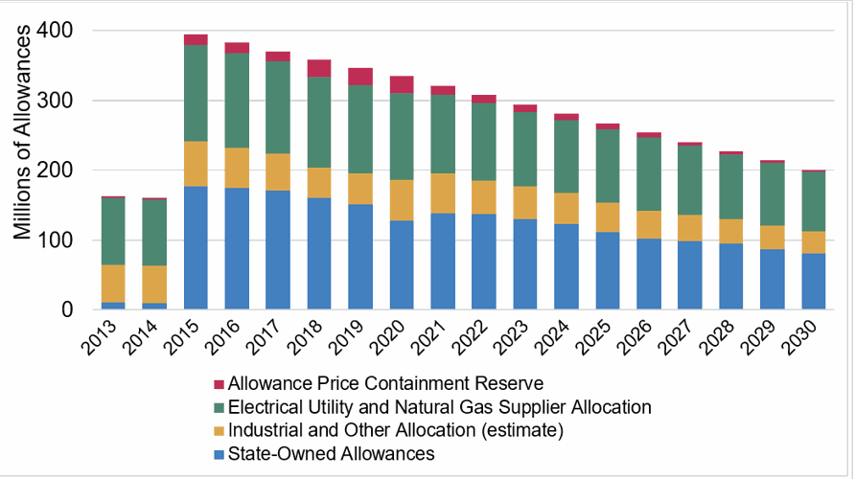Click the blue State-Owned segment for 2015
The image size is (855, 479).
click(196, 248)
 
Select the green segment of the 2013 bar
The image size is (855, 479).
click(113, 231)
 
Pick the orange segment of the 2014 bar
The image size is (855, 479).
click(154, 285)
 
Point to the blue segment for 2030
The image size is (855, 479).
click(814, 282)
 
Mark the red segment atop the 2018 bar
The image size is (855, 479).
click(319, 68)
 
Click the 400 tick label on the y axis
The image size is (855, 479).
click(54, 31)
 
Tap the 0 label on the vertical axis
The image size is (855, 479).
click(66, 310)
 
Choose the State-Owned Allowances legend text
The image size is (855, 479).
click(338, 453)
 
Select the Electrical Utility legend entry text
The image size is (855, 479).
click(447, 407)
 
